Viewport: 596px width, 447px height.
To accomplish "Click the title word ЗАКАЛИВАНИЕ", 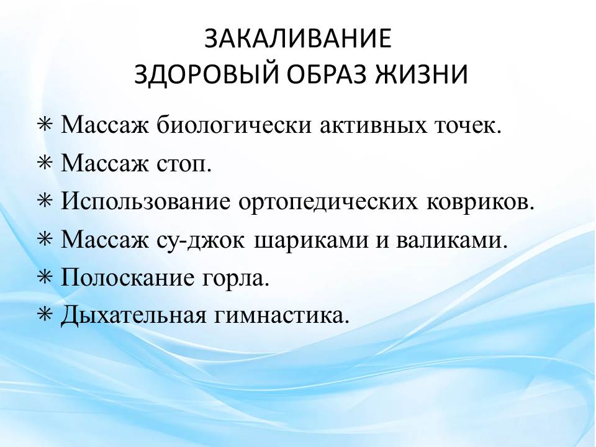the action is point(298,38).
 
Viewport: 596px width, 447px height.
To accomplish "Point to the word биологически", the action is point(234,125).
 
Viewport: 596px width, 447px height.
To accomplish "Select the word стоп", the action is point(184,164).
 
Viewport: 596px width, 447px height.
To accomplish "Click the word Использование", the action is point(145,201).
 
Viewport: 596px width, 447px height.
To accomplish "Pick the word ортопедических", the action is point(328,202).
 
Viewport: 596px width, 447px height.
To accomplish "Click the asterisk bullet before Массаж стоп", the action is point(45,163).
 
